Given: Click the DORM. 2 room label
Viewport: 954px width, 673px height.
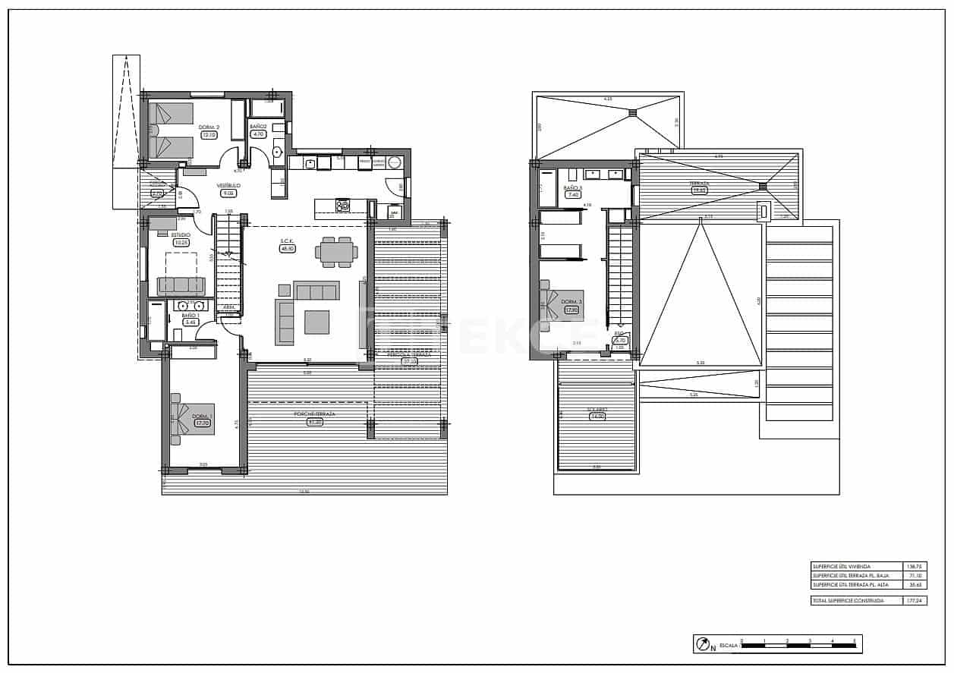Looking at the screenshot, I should pos(209,127).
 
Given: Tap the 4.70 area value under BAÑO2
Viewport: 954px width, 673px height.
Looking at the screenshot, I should pos(257,134).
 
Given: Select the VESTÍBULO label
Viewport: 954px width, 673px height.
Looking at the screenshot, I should pos(228,185).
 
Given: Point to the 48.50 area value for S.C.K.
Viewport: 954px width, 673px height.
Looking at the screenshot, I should pos(287,248).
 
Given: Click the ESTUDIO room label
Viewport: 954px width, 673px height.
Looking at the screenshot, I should pos(181,235).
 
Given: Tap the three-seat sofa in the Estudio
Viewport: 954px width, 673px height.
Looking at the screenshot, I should pos(181,285).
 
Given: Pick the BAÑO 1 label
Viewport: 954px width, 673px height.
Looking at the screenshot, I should pos(190,315).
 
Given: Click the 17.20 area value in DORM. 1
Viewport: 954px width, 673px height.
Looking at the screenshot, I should pos(202,423).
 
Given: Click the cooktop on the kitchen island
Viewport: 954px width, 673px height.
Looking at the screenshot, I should pos(343,205).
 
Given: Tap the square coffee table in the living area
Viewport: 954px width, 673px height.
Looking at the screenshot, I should pos(316,322).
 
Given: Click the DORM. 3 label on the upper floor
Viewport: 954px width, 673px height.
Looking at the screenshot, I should pos(571,302).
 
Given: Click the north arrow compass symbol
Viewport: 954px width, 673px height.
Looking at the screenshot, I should pos(704,644).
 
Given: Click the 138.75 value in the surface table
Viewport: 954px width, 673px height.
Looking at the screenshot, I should pos(915,567).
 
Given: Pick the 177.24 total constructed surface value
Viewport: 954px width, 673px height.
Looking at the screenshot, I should pos(915,600).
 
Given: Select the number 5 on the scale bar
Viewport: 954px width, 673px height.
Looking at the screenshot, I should pos(855,641).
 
